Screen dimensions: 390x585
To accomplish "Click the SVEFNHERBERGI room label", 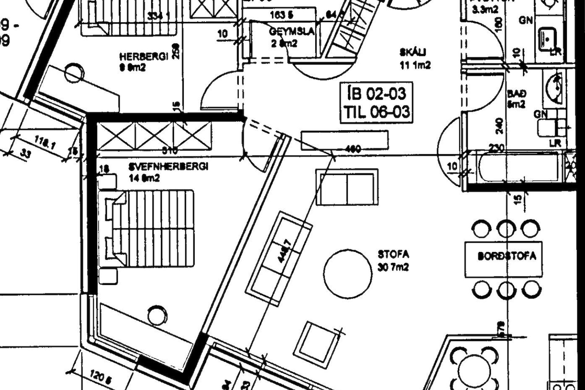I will pyautogui.click(x=168, y=167).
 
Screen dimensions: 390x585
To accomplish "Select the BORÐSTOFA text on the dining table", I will pyautogui.click(x=506, y=256).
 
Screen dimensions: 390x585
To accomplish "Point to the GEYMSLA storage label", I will pyautogui.click(x=292, y=32).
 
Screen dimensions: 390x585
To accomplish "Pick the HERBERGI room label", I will pyautogui.click(x=144, y=57).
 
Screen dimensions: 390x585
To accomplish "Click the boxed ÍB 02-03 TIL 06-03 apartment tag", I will pyautogui.click(x=376, y=103).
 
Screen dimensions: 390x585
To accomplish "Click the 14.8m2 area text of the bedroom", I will pyautogui.click(x=144, y=178).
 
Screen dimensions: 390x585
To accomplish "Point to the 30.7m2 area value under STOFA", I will pyautogui.click(x=393, y=268).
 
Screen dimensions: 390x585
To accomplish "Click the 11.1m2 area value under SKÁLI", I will pyautogui.click(x=415, y=65).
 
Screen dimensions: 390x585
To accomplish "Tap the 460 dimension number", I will pyautogui.click(x=353, y=149).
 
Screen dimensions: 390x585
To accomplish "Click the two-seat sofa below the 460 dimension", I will pyautogui.click(x=347, y=187).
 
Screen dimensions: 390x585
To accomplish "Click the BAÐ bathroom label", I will pyautogui.click(x=516, y=94).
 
